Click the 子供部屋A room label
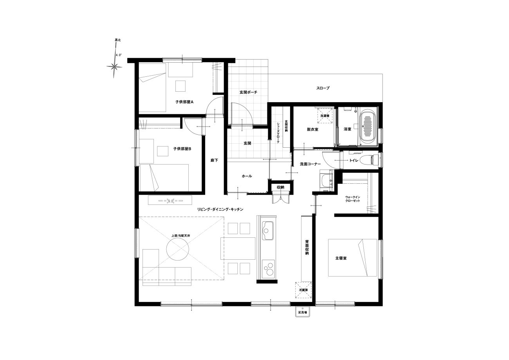(x=184, y=102)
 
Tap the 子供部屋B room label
(x=182, y=149)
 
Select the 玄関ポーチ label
(x=248, y=92)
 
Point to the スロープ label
(x=323, y=88)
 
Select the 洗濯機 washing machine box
(x=325, y=116)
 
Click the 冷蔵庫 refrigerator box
(x=303, y=290)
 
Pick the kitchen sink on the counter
(x=267, y=230)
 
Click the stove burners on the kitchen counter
(x=268, y=269)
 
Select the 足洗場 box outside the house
(x=303, y=312)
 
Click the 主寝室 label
(x=341, y=258)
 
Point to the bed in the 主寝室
(x=352, y=257)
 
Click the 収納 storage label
(x=281, y=187)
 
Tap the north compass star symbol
(x=114, y=67)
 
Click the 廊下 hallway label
(x=214, y=160)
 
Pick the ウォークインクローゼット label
(x=353, y=199)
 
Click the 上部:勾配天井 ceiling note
(x=180, y=236)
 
